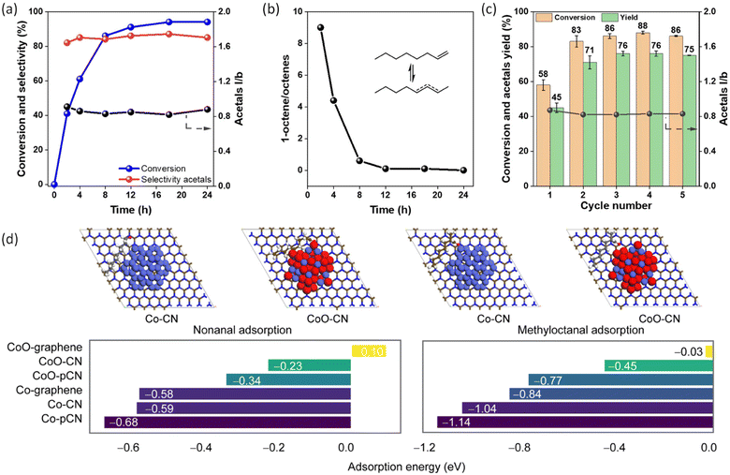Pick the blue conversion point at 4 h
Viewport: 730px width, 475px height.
point(80,79)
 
